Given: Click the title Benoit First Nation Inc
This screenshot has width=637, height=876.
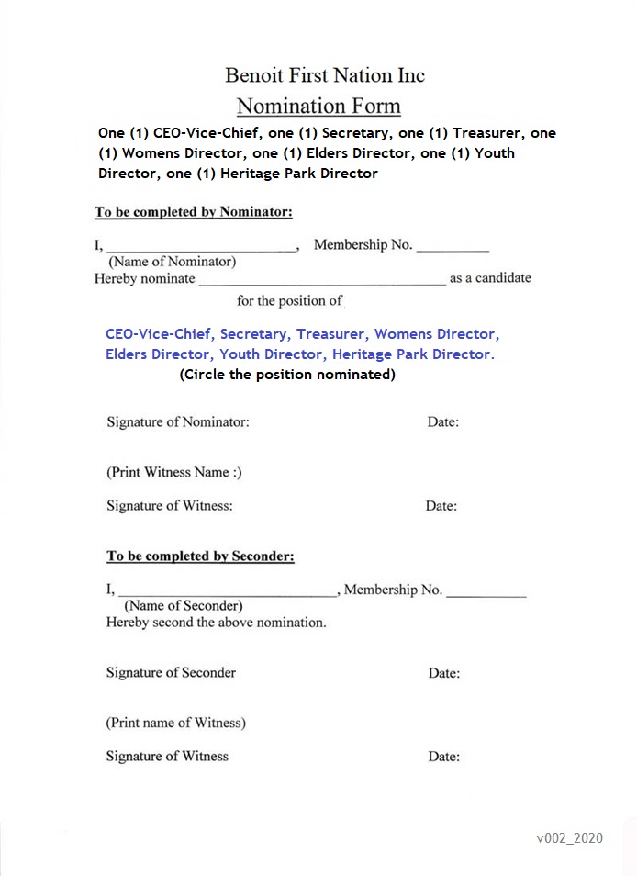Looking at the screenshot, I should (325, 75).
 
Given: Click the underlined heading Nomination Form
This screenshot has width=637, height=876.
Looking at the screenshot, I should (318, 106).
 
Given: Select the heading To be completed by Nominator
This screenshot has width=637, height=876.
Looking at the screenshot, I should (194, 213).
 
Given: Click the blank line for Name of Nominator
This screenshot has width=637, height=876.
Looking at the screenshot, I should (201, 246).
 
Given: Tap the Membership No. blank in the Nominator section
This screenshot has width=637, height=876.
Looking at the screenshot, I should (453, 246).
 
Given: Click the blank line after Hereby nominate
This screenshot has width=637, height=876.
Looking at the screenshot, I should (322, 280).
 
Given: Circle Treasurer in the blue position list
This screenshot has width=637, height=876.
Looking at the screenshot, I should (331, 334).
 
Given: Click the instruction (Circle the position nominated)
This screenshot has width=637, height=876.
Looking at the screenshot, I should (287, 376).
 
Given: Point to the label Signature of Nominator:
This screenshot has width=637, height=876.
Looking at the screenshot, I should (178, 422).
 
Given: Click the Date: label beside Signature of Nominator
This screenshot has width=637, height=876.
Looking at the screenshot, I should (443, 422).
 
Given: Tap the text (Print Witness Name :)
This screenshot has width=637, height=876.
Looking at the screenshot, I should (174, 473).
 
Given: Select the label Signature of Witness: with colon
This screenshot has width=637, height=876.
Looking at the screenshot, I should (170, 506).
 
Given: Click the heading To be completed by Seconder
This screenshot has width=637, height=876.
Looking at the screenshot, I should (200, 556).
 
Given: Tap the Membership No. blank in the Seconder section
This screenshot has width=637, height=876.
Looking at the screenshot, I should (486, 592).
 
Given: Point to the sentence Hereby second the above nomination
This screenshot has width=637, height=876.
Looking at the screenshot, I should (217, 623).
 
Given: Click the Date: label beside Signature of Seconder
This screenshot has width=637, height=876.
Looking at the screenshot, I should (444, 674).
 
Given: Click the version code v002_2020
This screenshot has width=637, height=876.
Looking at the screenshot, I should (570, 838).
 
